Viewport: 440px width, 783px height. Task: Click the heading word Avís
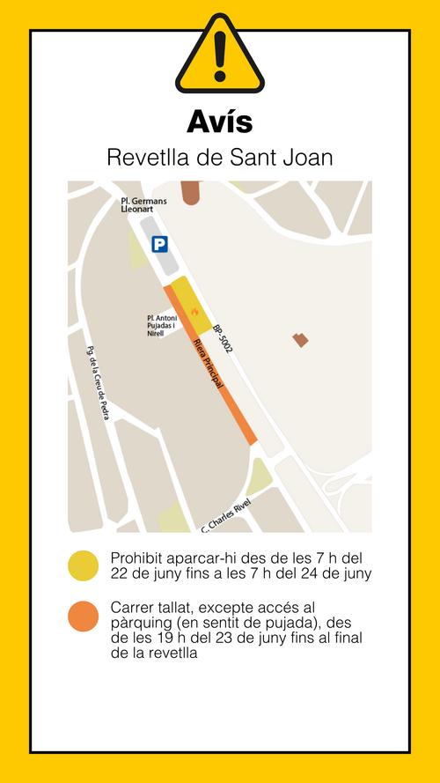click(x=219, y=120)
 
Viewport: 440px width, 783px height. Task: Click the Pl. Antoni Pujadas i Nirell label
click(x=162, y=327)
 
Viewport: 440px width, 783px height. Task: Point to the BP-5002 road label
click(x=222, y=336)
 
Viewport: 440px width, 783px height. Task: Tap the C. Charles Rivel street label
click(x=225, y=516)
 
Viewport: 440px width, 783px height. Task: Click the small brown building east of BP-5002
click(x=301, y=339)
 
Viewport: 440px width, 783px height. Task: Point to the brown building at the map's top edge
click(x=190, y=192)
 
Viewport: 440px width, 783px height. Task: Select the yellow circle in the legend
click(x=84, y=566)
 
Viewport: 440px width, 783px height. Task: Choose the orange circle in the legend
click(x=84, y=616)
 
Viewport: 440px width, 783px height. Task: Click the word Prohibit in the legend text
click(x=136, y=558)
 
